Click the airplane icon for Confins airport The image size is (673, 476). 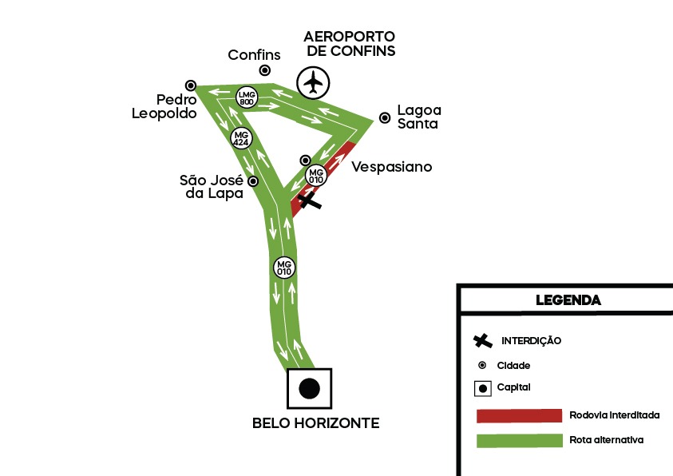click(x=314, y=81)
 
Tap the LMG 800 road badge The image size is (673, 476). click(x=247, y=97)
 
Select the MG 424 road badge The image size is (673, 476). click(x=240, y=137)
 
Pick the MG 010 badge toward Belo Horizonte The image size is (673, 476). click(x=284, y=268)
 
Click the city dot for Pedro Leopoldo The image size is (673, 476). click(x=190, y=85)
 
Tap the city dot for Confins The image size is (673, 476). click(x=264, y=70)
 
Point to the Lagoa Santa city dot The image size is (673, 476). click(x=385, y=118)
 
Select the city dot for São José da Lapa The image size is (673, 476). click(x=253, y=181)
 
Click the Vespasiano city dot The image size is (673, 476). click(x=305, y=160)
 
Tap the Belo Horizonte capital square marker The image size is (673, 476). click(x=309, y=389)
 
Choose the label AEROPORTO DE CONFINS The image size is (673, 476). click(x=350, y=44)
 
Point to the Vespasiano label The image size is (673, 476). click(x=391, y=167)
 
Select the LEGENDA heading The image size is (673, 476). click(x=568, y=300)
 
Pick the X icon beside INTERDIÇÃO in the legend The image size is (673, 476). click(x=482, y=341)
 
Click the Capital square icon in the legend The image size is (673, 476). click(x=482, y=389)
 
